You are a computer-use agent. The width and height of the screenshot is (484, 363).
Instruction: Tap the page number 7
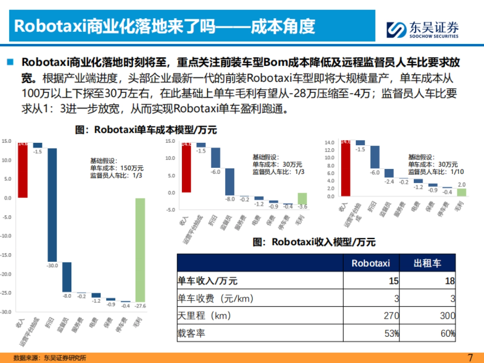point(469,357)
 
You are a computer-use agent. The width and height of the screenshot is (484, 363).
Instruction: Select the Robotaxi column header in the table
point(371,263)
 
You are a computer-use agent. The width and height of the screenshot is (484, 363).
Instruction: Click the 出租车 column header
point(427,263)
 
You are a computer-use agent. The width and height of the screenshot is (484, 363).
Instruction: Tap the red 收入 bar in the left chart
point(23,170)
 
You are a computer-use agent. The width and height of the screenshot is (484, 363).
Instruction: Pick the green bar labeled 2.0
point(461,192)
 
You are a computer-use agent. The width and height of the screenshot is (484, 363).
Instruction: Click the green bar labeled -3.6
point(302,199)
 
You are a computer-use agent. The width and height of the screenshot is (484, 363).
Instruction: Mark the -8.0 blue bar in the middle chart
point(229,181)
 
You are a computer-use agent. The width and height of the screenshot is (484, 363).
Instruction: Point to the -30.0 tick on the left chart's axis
point(7,312)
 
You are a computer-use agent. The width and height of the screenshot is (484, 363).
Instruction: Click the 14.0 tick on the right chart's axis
point(330,143)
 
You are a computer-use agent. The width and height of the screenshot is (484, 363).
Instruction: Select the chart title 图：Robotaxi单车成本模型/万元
point(146,130)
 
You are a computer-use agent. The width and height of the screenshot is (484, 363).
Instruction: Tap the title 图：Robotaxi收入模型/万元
point(314,242)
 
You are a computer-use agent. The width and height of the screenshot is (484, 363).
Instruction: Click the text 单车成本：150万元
point(117,168)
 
